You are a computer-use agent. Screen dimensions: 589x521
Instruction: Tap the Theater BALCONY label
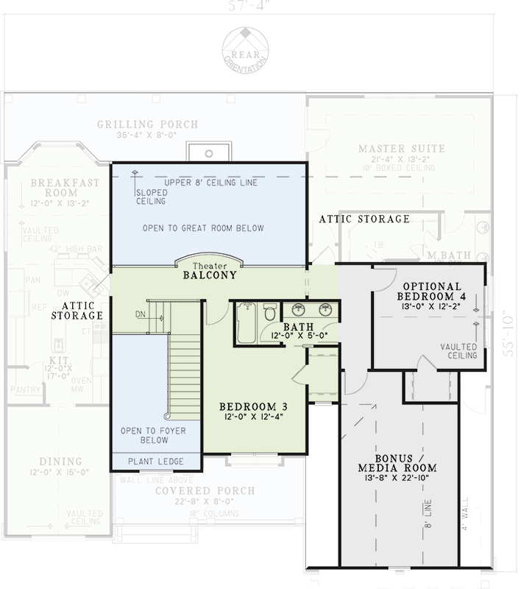pos(210,272)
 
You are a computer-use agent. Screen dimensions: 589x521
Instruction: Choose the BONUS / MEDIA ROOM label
pos(397,462)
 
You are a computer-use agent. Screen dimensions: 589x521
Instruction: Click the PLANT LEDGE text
pos(155,462)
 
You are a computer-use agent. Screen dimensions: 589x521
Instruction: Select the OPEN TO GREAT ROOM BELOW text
pos(203,228)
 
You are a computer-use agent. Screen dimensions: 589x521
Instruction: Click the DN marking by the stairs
pos(141,314)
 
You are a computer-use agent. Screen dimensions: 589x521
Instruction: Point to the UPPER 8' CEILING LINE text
pos(210,182)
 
